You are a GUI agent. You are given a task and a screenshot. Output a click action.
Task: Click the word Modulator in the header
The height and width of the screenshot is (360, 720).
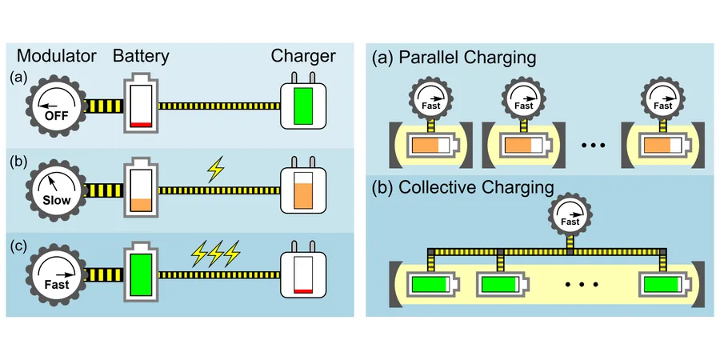[x=57, y=57]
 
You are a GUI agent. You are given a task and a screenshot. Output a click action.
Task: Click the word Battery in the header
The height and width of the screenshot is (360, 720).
[x=141, y=57]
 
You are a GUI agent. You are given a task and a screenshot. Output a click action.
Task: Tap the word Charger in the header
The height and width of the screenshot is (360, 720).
[x=303, y=57]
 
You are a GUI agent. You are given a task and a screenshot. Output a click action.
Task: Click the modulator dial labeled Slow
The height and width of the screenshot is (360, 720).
[x=57, y=190]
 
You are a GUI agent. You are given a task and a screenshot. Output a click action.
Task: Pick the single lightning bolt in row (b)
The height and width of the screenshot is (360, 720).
[x=216, y=170]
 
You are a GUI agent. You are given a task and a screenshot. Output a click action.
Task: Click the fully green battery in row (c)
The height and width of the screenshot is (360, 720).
[x=141, y=274]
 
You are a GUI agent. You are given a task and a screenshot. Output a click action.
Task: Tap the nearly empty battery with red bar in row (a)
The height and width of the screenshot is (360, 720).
[x=141, y=104]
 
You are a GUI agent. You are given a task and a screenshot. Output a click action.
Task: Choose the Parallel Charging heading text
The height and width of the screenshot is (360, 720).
[x=454, y=58]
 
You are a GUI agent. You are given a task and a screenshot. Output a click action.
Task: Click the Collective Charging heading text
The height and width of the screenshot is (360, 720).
[x=462, y=188]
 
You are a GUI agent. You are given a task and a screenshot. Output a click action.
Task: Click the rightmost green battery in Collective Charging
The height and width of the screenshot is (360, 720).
[x=662, y=285]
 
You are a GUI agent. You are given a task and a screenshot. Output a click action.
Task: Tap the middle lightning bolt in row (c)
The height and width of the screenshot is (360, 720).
[x=215, y=254]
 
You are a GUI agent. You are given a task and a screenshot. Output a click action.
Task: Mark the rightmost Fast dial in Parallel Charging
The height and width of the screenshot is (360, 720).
[x=662, y=99]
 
